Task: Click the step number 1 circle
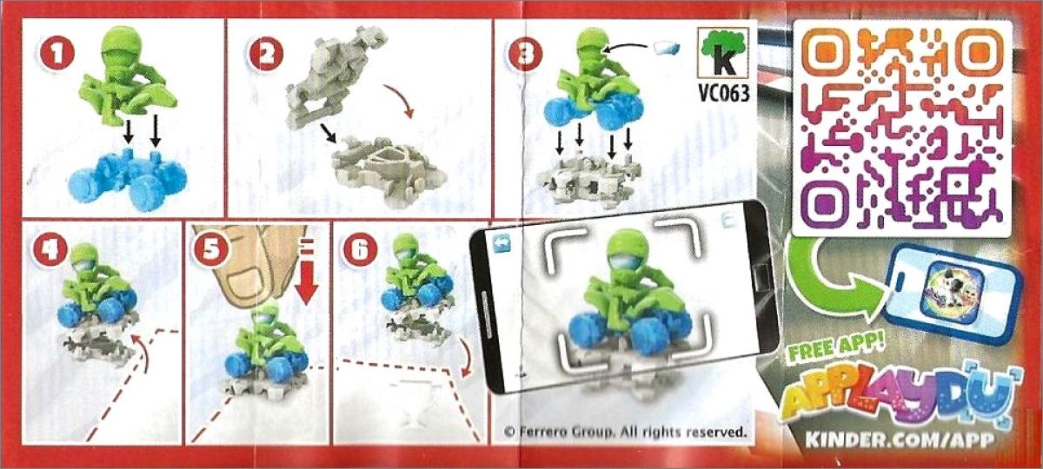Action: click(56, 55)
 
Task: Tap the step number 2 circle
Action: click(265, 55)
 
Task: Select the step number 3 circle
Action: click(526, 55)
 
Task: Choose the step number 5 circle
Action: click(211, 248)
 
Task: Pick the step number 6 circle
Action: click(361, 248)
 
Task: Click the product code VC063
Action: click(724, 94)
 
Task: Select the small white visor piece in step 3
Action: click(667, 48)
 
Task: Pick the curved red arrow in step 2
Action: click(401, 99)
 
